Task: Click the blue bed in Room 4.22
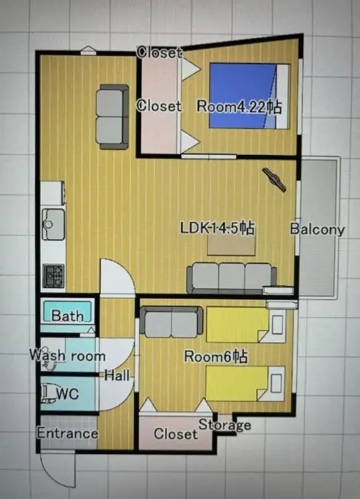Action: click(x=249, y=96)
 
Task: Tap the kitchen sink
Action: click(x=53, y=224)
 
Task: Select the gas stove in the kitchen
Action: click(x=54, y=276)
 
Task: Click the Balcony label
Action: click(x=317, y=229)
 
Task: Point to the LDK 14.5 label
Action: click(x=217, y=228)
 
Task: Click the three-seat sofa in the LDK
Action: click(x=231, y=278)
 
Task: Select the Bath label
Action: click(x=68, y=315)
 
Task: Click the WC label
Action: click(x=68, y=394)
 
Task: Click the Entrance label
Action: click(x=68, y=433)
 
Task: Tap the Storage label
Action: click(x=225, y=425)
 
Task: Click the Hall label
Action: click(x=117, y=376)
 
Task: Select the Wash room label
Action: click(x=68, y=355)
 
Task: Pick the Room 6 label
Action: click(x=216, y=356)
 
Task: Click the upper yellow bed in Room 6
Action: click(x=246, y=325)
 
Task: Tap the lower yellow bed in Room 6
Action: click(x=245, y=384)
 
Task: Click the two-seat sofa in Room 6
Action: click(x=172, y=322)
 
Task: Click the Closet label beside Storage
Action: click(x=176, y=433)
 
